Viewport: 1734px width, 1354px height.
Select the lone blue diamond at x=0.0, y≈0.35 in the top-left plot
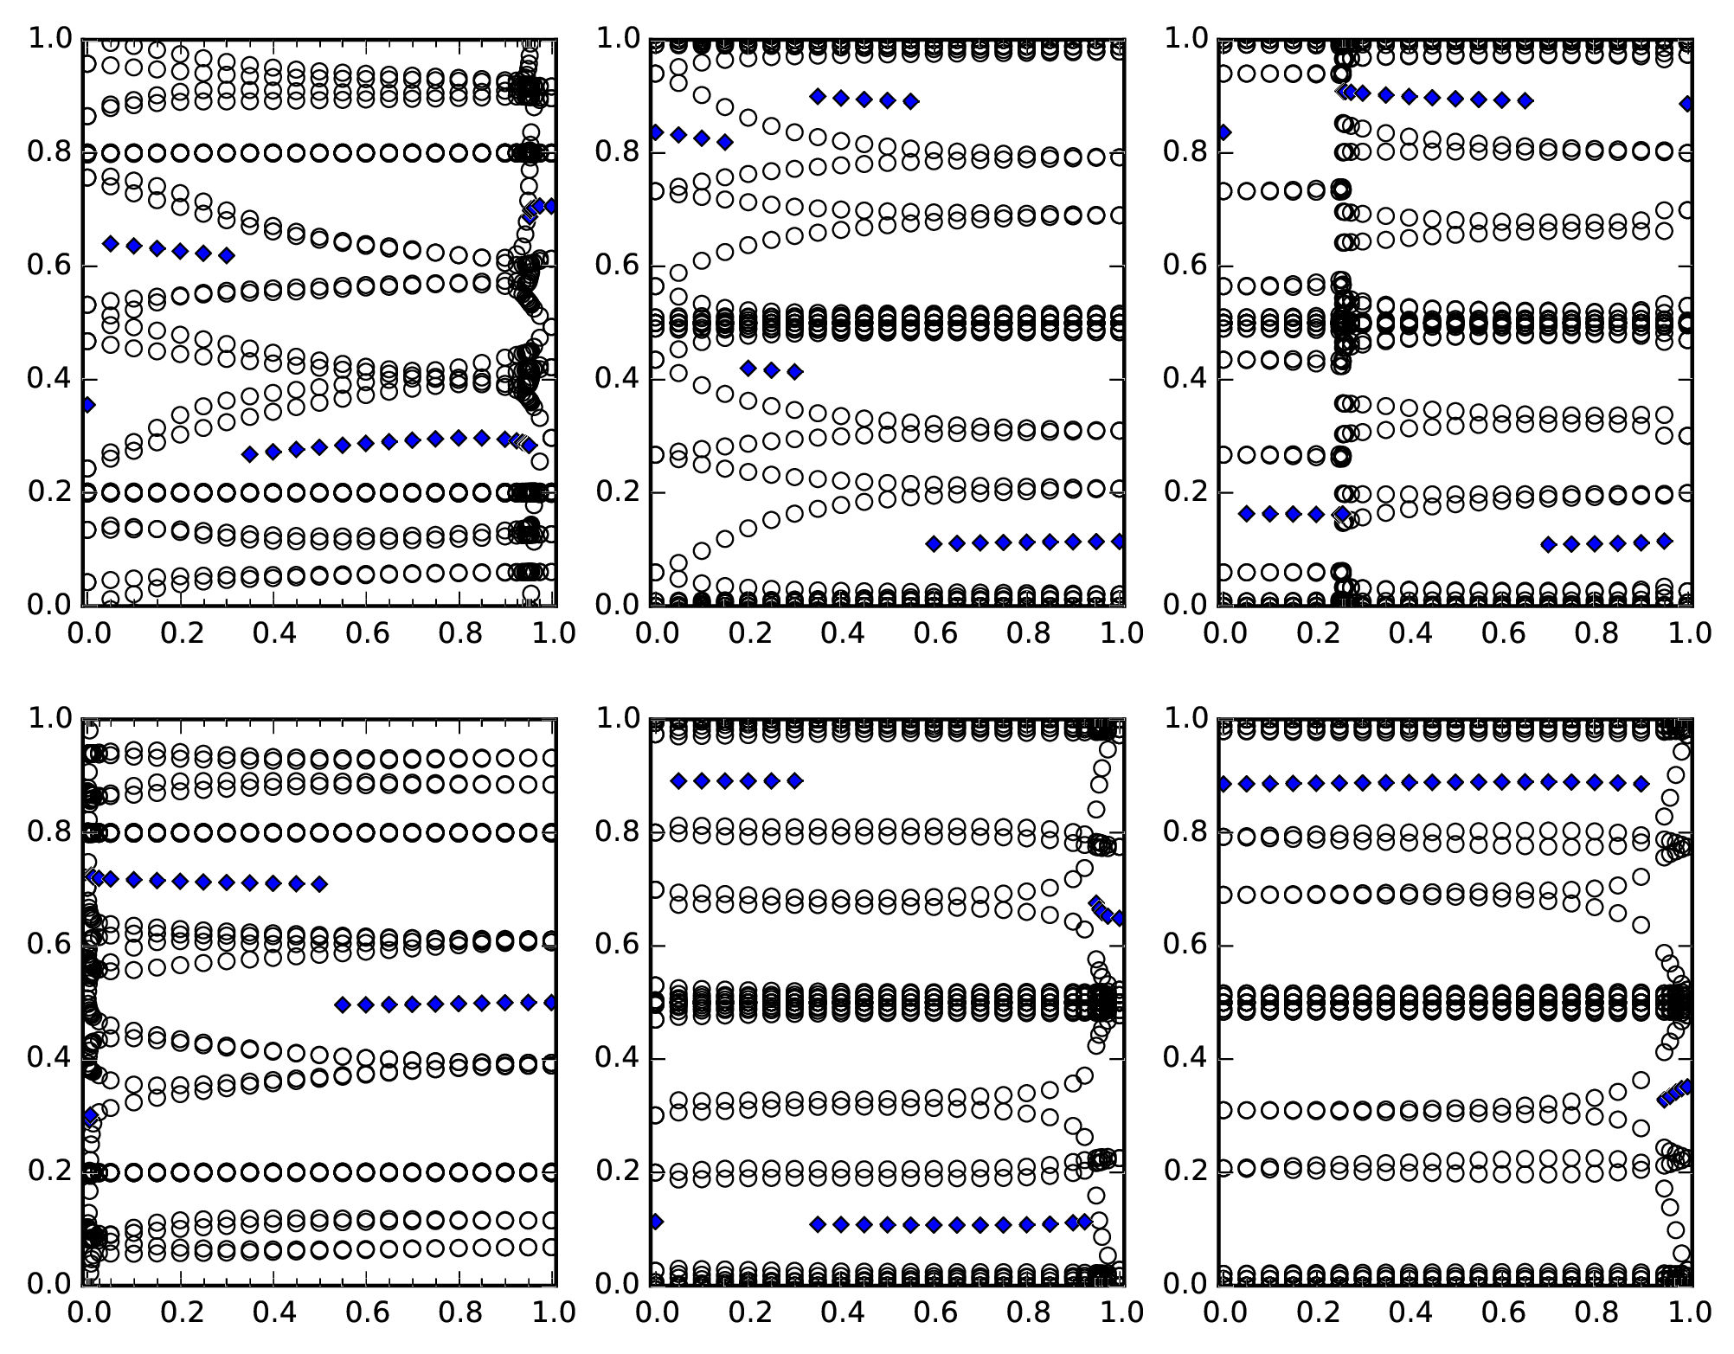tap(87, 404)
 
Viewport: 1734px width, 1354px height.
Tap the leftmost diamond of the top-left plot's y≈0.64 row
tap(110, 243)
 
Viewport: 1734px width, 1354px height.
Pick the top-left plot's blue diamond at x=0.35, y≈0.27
tap(250, 453)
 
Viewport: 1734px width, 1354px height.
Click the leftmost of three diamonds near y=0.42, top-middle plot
tap(748, 368)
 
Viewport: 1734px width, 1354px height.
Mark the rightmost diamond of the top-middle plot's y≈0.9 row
tap(910, 101)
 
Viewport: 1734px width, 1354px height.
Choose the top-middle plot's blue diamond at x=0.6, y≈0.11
tap(934, 543)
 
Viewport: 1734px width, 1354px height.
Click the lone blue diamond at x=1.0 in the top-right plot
tap(1686, 103)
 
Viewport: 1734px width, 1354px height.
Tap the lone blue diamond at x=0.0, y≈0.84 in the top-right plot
tap(1224, 132)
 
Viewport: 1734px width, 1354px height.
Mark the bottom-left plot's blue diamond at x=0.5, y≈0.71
tap(319, 883)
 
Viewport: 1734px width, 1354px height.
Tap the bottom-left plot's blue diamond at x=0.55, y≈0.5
tap(343, 1004)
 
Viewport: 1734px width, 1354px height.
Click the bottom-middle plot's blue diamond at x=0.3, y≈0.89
tap(795, 780)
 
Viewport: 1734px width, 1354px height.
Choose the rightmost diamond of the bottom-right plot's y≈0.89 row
tap(1641, 784)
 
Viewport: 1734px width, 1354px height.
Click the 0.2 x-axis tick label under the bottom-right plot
tap(1317, 1312)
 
